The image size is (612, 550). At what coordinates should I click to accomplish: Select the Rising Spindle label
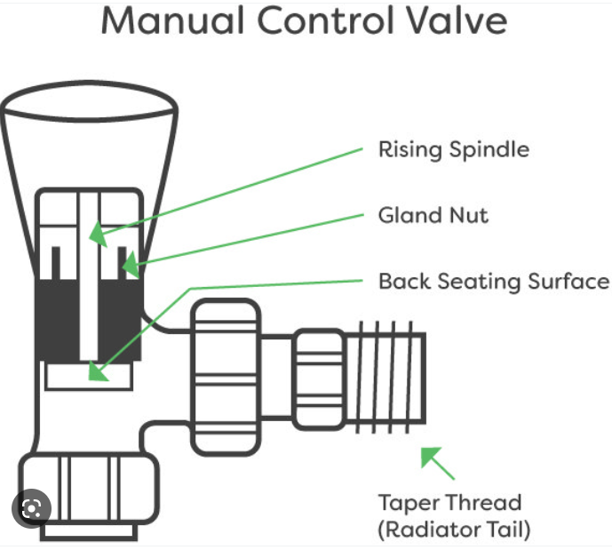453,148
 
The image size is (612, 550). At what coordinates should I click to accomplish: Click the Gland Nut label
433,215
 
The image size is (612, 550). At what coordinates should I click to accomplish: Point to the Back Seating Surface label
493,282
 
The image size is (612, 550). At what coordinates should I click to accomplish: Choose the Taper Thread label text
449,503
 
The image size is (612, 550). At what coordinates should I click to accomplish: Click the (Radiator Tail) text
454,530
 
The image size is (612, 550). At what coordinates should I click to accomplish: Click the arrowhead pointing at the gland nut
130,263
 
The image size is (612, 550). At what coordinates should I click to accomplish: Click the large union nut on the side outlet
227,374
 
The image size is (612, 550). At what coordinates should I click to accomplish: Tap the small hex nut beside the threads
315,374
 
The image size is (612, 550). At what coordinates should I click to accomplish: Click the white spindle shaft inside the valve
88,293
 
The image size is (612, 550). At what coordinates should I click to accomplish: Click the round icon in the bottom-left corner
32,508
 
